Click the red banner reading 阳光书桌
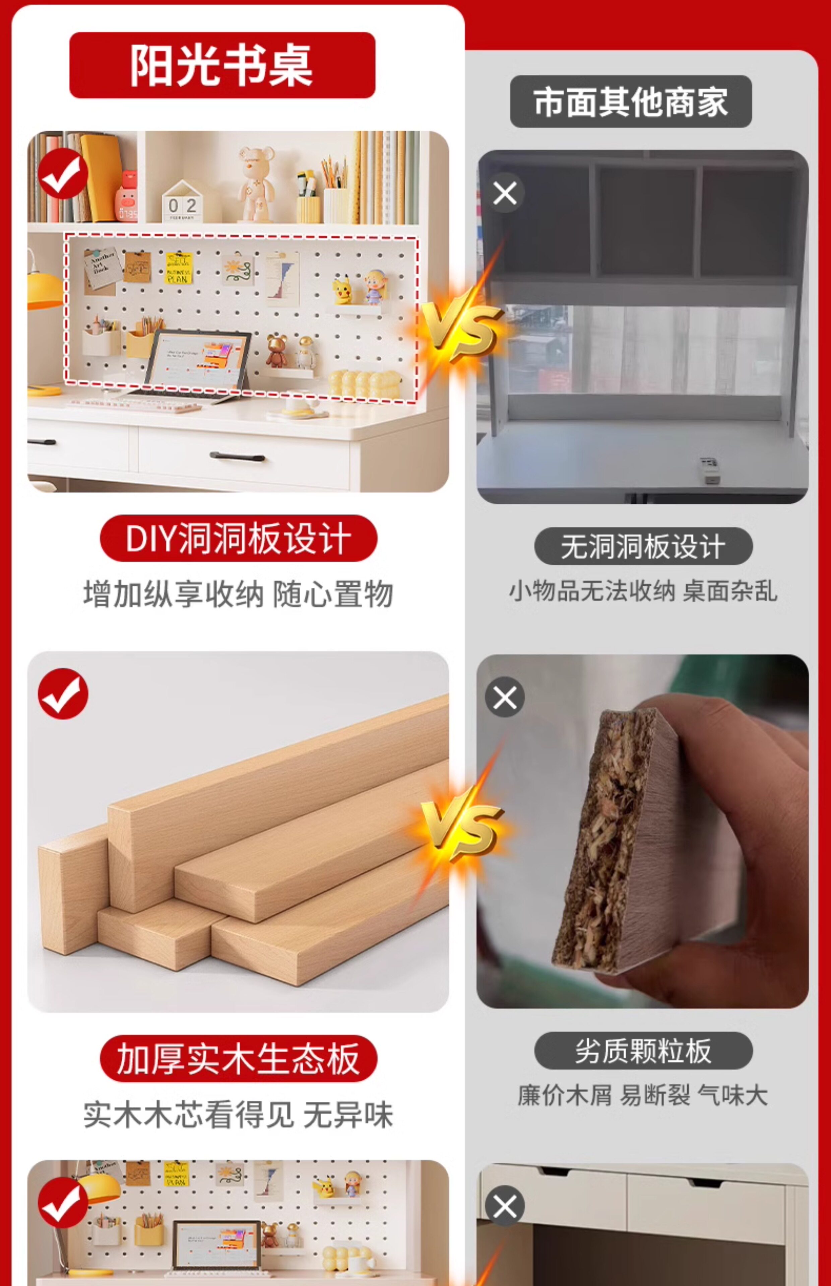point(222,65)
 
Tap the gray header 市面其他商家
point(631,101)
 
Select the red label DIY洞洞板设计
point(239,538)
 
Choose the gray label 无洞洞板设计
point(643,546)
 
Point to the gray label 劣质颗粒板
point(643,1050)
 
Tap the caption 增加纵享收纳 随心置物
point(238,594)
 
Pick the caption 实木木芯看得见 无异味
point(238,1115)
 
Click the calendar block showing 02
point(182,202)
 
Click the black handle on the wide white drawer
point(238,457)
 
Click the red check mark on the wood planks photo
point(63,694)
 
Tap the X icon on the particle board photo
point(505,697)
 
